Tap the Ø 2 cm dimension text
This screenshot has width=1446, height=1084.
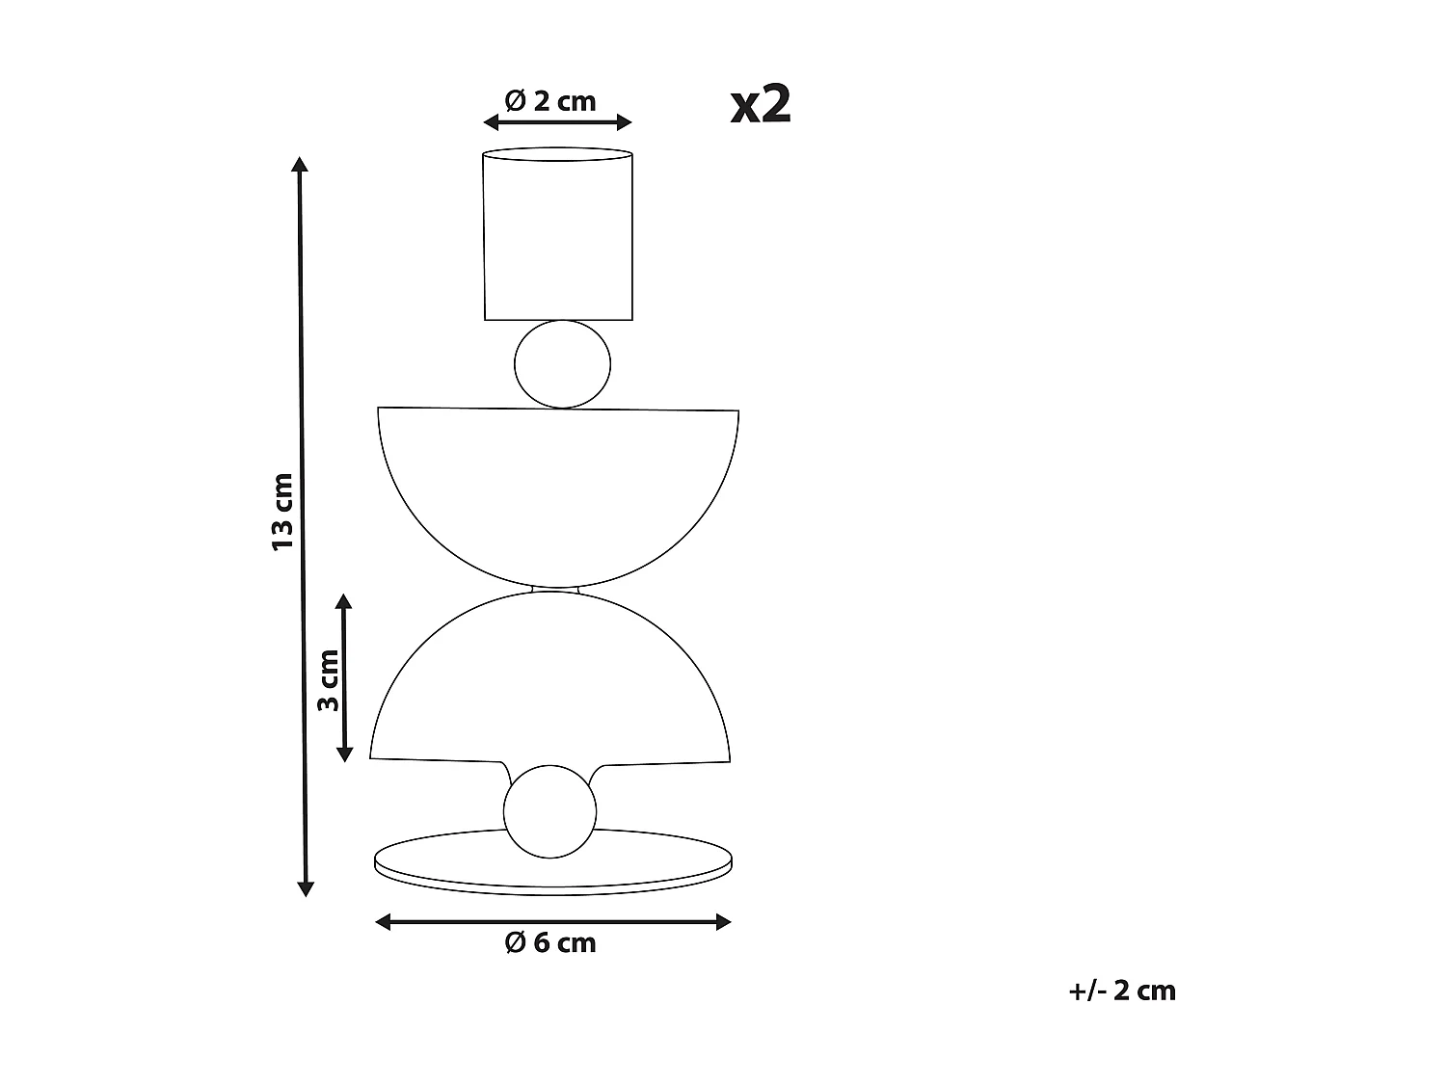click(x=550, y=100)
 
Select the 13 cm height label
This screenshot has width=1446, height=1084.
click(x=281, y=511)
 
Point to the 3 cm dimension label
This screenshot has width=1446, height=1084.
click(x=328, y=679)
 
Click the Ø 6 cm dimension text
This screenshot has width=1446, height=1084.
click(x=550, y=942)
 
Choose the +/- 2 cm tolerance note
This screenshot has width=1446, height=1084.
click(x=1122, y=991)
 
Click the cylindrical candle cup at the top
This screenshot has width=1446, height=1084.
click(x=558, y=236)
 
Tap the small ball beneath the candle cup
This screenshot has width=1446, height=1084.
click(x=562, y=364)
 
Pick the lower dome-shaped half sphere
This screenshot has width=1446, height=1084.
click(x=550, y=684)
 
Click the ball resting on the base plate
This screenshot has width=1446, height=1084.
click(x=549, y=811)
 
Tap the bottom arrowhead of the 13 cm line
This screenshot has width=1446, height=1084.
click(x=306, y=888)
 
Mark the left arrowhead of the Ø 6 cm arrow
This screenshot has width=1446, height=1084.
click(x=383, y=922)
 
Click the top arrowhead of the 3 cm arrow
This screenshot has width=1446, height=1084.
click(x=343, y=602)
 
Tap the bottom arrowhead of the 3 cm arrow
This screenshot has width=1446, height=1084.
click(x=343, y=754)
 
